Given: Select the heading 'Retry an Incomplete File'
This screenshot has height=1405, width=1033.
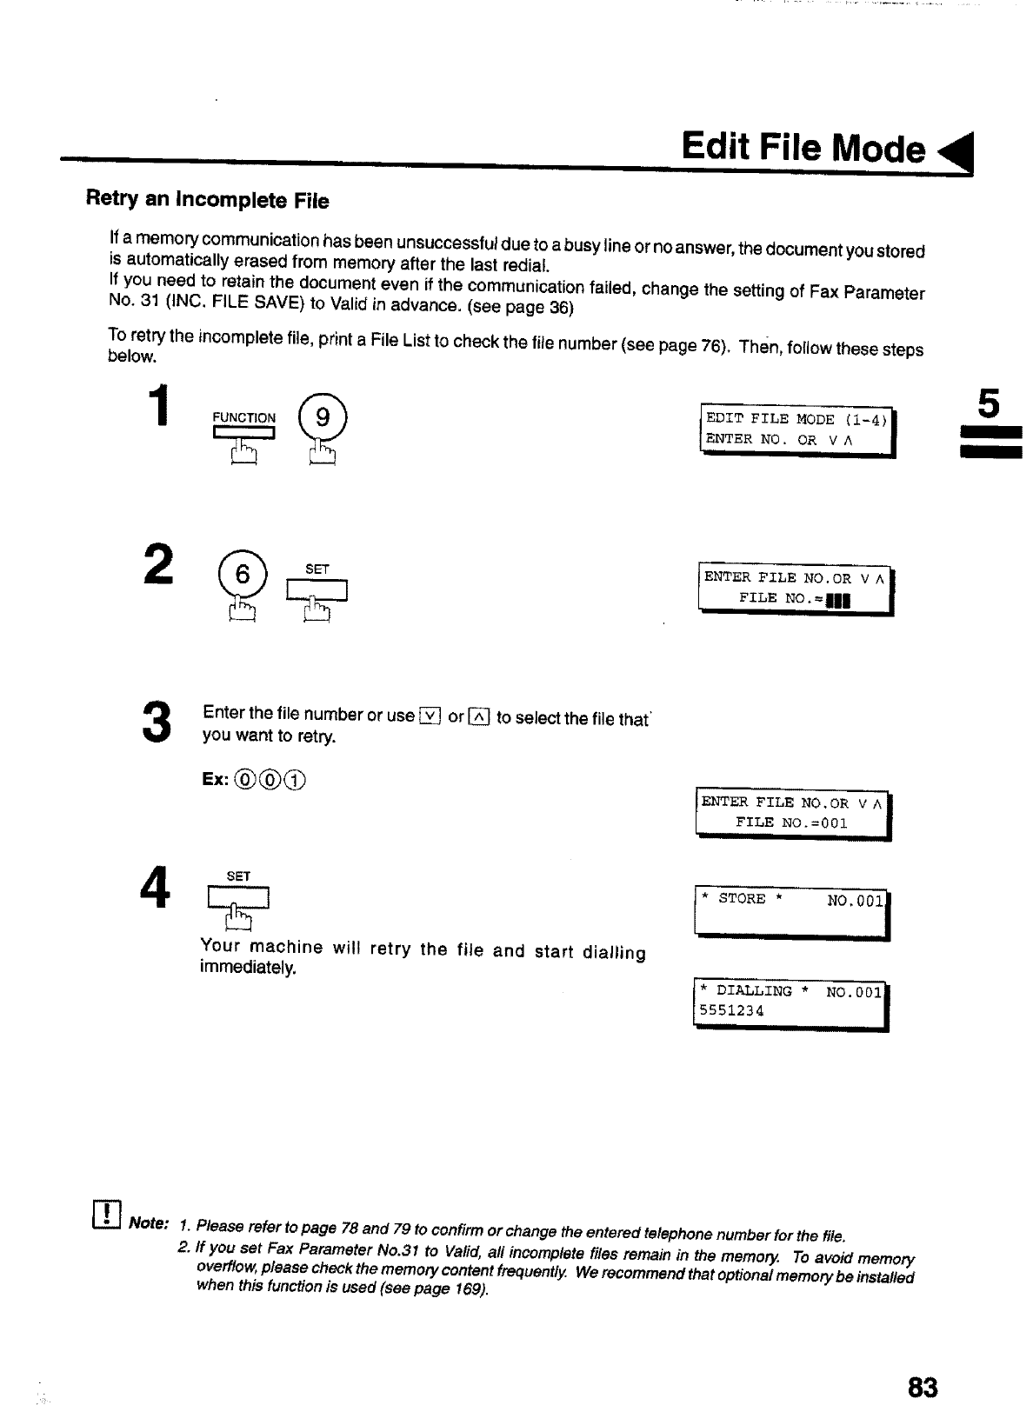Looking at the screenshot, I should click(x=207, y=200).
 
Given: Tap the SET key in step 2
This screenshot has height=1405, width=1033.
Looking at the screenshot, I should click(x=317, y=588).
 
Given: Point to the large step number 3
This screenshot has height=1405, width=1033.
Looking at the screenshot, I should click(x=161, y=723).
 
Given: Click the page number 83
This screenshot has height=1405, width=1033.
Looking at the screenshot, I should click(x=922, y=1386).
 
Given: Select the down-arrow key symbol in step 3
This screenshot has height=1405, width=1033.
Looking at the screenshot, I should click(x=430, y=716).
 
